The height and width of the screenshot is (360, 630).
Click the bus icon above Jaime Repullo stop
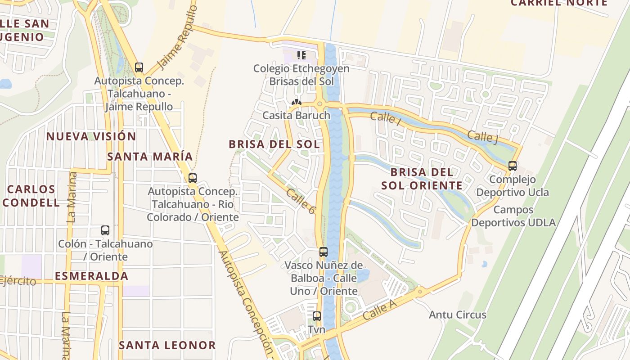tap(139, 67)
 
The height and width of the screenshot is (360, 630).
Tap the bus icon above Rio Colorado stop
tap(193, 178)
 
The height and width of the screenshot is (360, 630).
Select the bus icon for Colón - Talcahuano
tap(105, 230)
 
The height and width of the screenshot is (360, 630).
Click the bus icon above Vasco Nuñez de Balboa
tap(324, 252)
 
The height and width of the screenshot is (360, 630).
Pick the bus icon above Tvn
tap(317, 316)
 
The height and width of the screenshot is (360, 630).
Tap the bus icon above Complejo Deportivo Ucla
tap(513, 166)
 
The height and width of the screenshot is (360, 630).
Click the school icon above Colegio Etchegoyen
tap(301, 55)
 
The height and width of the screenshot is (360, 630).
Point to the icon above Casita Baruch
tap(296, 103)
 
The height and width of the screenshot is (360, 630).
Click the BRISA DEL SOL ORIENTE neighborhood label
tap(422, 179)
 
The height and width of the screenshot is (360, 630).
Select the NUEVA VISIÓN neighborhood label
tap(91, 136)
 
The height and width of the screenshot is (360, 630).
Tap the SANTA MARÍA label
tap(150, 157)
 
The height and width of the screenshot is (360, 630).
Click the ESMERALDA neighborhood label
tap(92, 276)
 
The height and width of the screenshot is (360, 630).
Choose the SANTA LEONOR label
tap(167, 345)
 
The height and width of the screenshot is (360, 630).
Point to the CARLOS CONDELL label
tap(31, 196)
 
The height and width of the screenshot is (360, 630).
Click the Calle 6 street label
tap(301, 200)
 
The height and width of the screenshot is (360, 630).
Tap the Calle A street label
tap(379, 310)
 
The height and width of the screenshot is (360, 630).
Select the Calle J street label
tap(482, 137)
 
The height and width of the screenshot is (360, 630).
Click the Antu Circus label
tap(458, 315)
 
